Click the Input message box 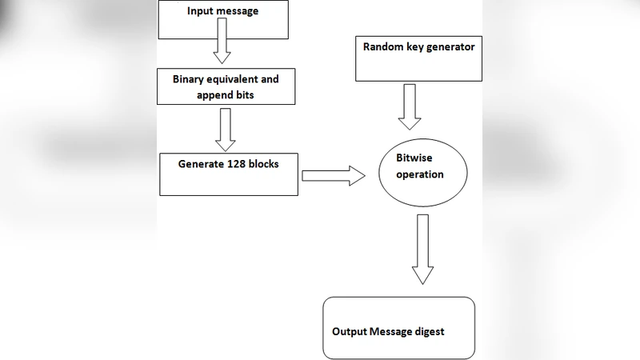223,20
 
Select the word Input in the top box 200,11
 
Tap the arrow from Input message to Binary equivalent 222,49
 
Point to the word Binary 190,79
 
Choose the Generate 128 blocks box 229,174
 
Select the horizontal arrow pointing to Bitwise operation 333,177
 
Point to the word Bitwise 414,158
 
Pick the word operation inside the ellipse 420,174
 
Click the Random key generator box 419,58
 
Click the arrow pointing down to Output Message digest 422,248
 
